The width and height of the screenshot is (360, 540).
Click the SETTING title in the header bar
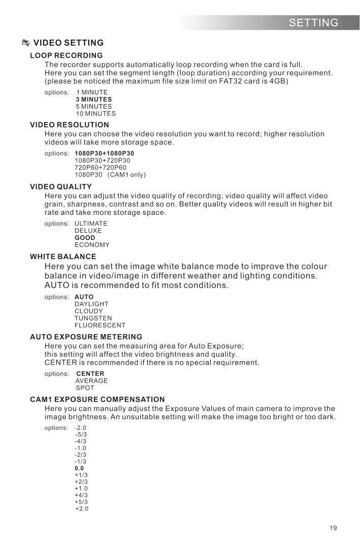point(313,22)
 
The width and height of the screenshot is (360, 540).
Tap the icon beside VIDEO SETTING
point(26,43)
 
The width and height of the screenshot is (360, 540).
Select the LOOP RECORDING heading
point(67,55)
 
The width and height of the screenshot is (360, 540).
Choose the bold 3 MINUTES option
point(94,100)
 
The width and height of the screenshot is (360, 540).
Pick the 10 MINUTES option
point(95,114)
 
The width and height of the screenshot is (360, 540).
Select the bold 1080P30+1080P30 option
point(105,153)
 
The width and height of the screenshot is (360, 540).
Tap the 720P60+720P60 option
point(101,167)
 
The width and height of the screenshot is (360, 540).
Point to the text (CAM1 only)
point(130,175)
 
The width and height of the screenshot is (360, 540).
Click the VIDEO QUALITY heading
point(61,187)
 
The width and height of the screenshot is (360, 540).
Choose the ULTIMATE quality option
point(91,224)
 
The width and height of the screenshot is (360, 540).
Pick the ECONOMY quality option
point(92,245)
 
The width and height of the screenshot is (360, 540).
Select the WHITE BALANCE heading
point(63,257)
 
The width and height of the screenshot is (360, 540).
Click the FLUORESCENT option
point(100,325)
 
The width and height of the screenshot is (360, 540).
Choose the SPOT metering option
point(85,388)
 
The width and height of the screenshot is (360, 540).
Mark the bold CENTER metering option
point(90,374)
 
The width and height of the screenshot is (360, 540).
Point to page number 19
point(333,528)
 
